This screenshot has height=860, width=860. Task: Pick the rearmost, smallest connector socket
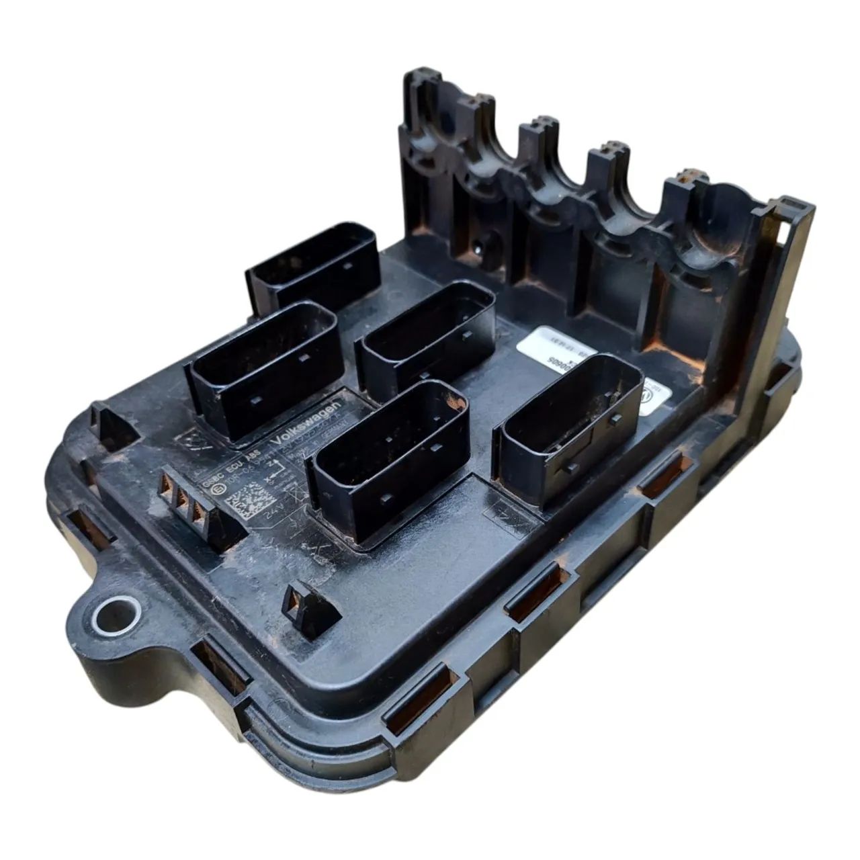(313, 266)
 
